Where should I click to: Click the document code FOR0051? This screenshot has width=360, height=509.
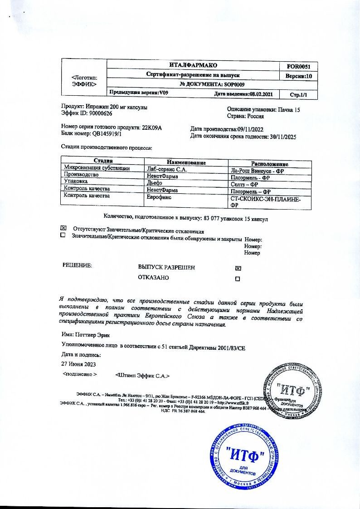tap(299, 66)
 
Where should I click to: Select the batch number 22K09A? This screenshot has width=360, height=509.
tap(152, 127)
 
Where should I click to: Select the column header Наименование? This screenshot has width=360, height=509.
tap(186, 162)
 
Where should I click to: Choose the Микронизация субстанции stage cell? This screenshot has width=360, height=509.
tap(97, 168)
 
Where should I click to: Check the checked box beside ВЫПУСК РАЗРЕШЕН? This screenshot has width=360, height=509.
tap(238, 268)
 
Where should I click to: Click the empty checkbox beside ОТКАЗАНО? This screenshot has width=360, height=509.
tap(238, 279)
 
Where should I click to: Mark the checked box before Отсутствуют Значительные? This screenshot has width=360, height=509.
tap(63, 228)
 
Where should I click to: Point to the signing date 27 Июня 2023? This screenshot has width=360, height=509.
tap(78, 364)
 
